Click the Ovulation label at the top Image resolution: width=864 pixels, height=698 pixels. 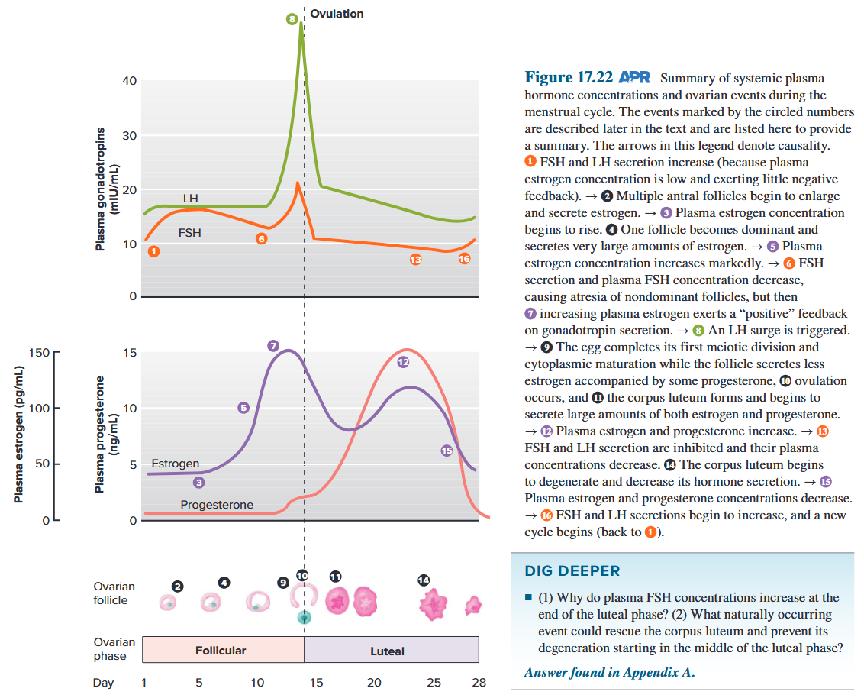(x=337, y=14)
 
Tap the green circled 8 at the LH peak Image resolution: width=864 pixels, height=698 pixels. (x=291, y=18)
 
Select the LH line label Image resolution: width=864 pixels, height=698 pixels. (x=190, y=199)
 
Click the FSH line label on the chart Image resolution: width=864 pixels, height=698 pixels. (x=190, y=232)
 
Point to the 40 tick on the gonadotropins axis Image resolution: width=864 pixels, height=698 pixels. (x=131, y=81)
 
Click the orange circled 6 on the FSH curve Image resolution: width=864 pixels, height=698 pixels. (x=262, y=239)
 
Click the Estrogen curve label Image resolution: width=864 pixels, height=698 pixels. (x=175, y=464)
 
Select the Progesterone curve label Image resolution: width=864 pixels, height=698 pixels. (x=217, y=505)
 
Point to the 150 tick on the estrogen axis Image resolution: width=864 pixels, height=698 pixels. (x=38, y=353)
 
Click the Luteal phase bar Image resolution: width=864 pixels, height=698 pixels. (x=391, y=650)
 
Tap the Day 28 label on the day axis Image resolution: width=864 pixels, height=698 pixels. (x=479, y=683)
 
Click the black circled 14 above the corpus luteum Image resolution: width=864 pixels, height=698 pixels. (x=424, y=580)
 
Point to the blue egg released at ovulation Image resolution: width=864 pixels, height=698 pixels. (x=305, y=616)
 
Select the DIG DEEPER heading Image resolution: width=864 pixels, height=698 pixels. (x=572, y=571)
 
